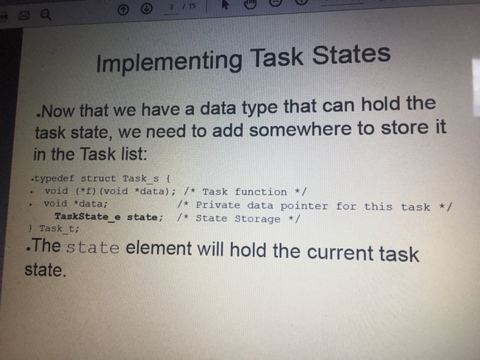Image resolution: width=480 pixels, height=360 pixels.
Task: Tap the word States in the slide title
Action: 351,55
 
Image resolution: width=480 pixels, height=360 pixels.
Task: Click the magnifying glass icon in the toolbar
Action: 46,14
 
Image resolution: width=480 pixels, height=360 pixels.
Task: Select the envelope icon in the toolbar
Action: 24,15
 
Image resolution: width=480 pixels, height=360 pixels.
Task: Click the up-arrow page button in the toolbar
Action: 123,10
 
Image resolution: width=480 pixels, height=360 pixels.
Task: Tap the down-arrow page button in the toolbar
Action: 146,9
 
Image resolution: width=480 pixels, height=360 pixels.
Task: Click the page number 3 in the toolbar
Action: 171,7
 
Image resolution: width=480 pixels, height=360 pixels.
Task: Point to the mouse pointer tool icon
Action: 226,4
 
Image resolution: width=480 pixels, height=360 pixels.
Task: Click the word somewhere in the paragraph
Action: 300,130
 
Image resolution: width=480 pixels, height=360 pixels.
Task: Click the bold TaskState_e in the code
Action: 88,217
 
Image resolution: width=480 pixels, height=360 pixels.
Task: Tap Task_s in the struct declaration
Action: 141,178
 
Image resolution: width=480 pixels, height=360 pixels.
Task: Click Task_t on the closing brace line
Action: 59,228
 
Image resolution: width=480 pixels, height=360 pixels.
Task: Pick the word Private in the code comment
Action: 218,205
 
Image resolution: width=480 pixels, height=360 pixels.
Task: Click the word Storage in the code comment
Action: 257,219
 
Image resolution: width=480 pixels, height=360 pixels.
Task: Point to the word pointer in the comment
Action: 304,206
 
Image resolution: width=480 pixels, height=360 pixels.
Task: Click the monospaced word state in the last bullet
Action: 93,248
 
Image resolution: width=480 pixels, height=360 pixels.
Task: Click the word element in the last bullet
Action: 158,248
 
